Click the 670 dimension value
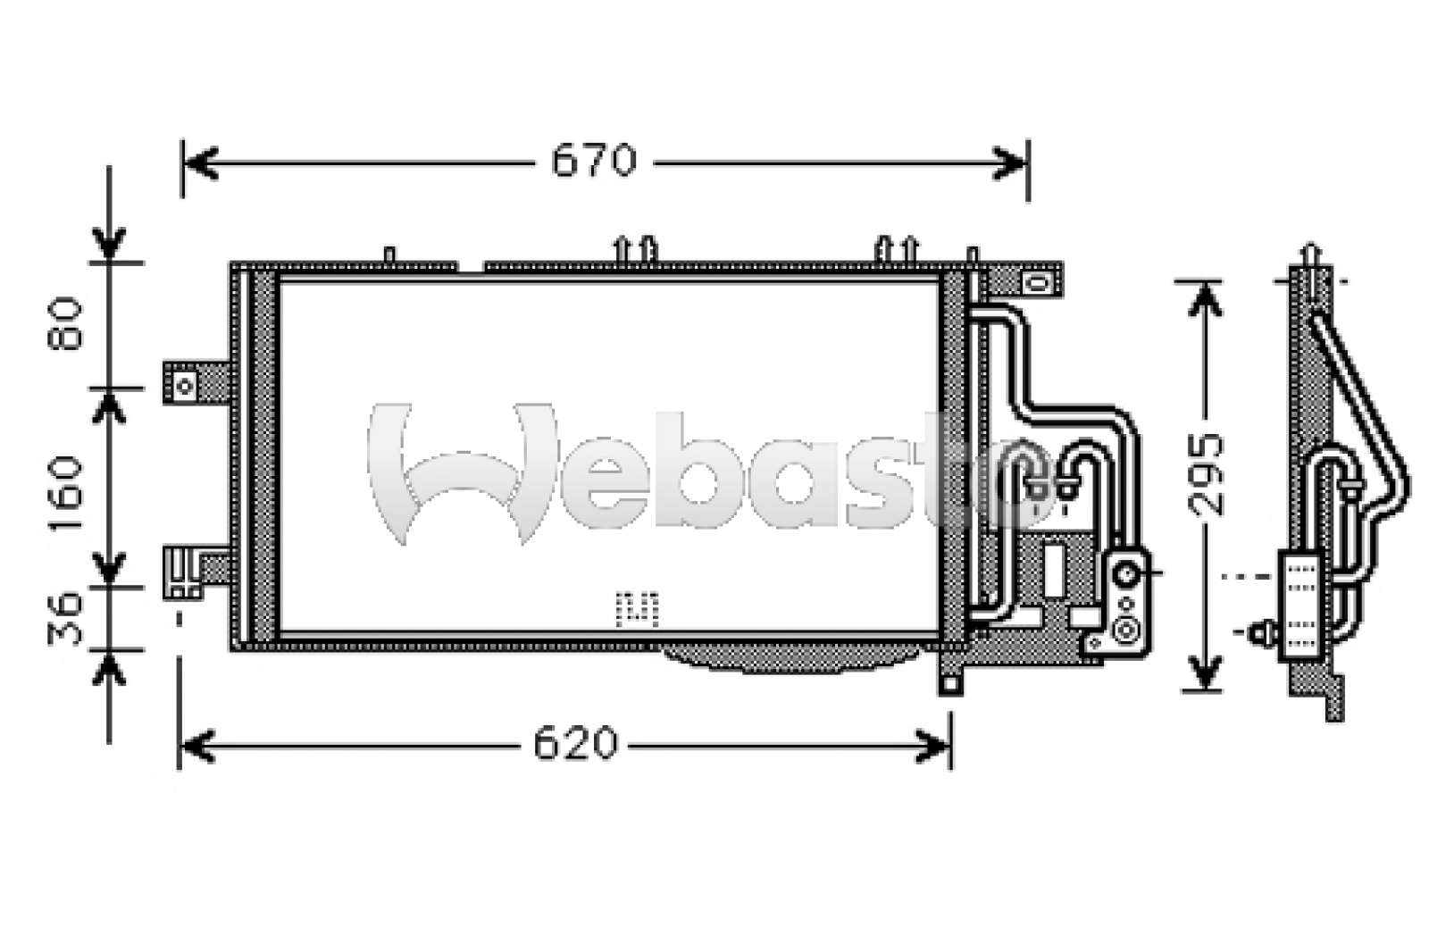tap(594, 161)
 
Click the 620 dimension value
tap(576, 743)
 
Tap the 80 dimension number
tap(64, 323)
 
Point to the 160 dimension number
tap(64, 493)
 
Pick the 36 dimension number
tap(64, 619)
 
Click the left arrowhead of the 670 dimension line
tap(200, 163)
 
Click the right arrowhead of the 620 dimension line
tap(932, 745)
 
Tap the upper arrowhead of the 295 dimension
tap(1205, 300)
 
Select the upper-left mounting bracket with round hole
tap(196, 383)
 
